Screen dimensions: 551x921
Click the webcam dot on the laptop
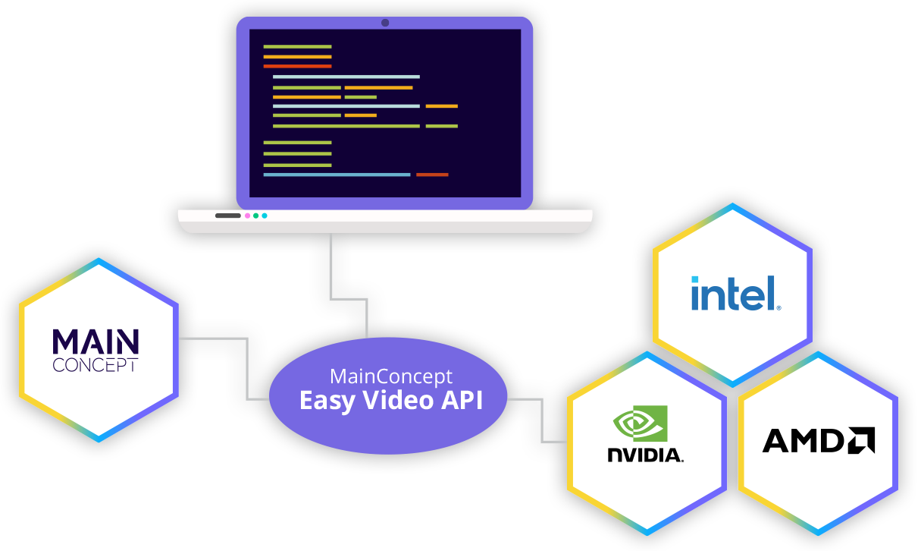point(385,24)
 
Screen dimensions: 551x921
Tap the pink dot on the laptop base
point(248,216)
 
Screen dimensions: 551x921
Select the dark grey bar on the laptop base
point(228,216)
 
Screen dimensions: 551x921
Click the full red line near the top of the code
point(297,66)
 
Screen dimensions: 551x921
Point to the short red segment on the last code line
point(432,175)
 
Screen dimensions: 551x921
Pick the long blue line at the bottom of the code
point(337,175)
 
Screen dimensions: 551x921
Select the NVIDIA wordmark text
point(645,455)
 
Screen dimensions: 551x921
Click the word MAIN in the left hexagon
point(96,342)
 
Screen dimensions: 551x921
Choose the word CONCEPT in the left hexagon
point(96,365)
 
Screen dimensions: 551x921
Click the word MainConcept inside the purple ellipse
point(390,376)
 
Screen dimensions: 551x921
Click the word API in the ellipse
point(462,400)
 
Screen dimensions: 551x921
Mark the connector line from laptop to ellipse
point(331,266)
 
